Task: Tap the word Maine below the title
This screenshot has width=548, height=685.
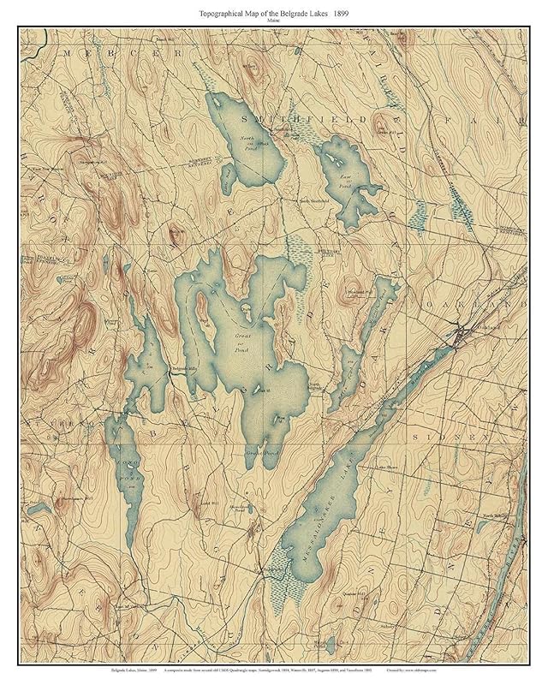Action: click(273, 22)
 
